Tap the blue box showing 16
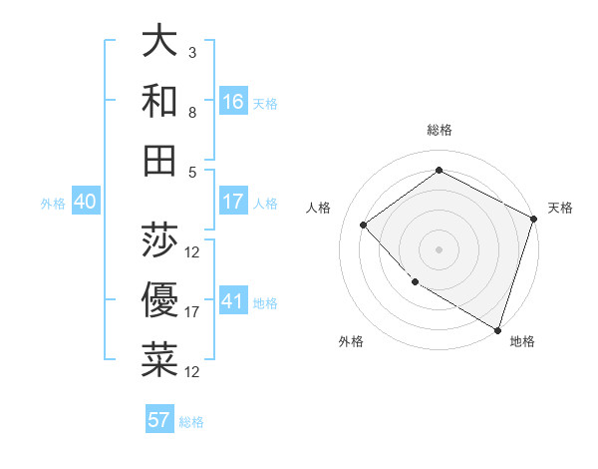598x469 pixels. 233,102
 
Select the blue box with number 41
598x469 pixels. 233,301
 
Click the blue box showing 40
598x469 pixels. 85,202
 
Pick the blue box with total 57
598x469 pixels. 159,420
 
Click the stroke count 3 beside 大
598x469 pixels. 191,52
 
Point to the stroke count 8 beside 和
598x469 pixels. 191,113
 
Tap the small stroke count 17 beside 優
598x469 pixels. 192,312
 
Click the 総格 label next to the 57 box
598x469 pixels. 191,422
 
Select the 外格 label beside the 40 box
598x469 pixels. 53,204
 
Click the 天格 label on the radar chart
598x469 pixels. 560,208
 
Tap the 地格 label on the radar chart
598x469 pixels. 522,341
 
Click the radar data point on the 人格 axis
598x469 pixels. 364,226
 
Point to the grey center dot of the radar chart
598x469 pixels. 439,248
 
